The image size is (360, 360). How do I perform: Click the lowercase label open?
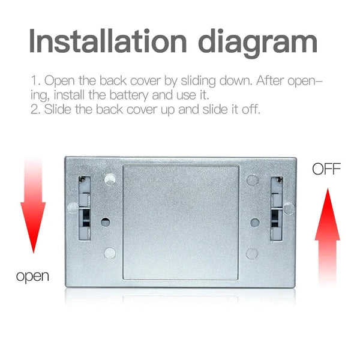coord(32,277)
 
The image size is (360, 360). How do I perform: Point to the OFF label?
coord(326,169)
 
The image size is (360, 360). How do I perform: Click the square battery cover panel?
coord(181,221)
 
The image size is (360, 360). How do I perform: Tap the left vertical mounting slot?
coord(84,208)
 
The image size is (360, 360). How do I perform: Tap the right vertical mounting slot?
coord(277,208)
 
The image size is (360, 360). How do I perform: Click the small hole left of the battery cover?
coord(106,221)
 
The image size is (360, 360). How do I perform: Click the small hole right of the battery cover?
coord(254,221)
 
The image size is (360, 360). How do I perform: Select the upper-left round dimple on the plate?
coord(109,179)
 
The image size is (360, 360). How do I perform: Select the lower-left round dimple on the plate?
coord(109,253)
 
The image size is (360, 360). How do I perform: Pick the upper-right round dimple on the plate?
coord(252,179)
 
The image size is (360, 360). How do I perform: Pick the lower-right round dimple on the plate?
coord(252,253)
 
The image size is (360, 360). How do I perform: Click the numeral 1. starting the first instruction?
coord(35,80)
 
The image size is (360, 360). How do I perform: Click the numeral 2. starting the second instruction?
coord(35,110)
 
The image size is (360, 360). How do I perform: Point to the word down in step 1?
coord(216,80)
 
